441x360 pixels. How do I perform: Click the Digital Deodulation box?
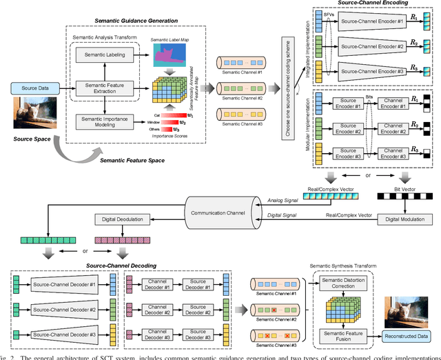(x=127, y=219)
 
